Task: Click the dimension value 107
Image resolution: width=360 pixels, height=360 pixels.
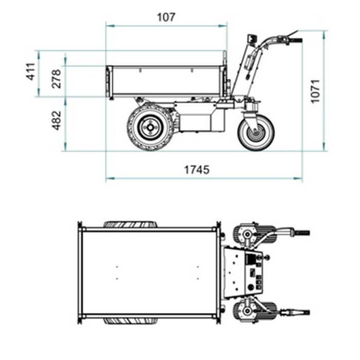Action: [166, 17]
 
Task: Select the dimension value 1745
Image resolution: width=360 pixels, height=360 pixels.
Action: [196, 170]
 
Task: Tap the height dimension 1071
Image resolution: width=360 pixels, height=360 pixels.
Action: [316, 91]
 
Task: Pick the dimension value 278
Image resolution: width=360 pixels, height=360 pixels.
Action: [56, 79]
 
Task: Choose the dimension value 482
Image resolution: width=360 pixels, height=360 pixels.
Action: [56, 120]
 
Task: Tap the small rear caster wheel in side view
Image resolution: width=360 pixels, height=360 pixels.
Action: [255, 132]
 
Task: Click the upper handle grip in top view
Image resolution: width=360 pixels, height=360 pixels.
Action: [300, 233]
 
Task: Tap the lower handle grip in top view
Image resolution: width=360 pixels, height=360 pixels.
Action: [300, 312]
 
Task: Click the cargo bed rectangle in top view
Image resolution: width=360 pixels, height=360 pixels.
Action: [149, 273]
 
